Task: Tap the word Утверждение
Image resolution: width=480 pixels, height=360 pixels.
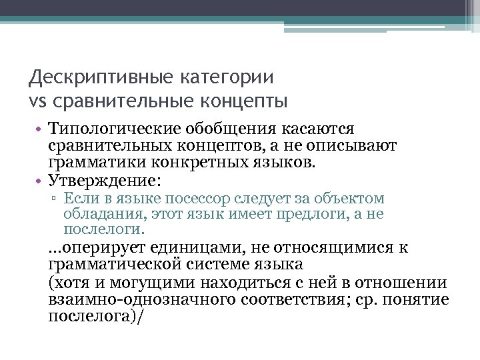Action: (x=103, y=179)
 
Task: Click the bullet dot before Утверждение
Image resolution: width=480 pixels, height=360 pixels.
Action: (x=41, y=180)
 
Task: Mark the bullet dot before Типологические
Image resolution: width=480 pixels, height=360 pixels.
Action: (x=41, y=128)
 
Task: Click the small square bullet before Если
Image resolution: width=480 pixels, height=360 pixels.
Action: (x=57, y=199)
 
